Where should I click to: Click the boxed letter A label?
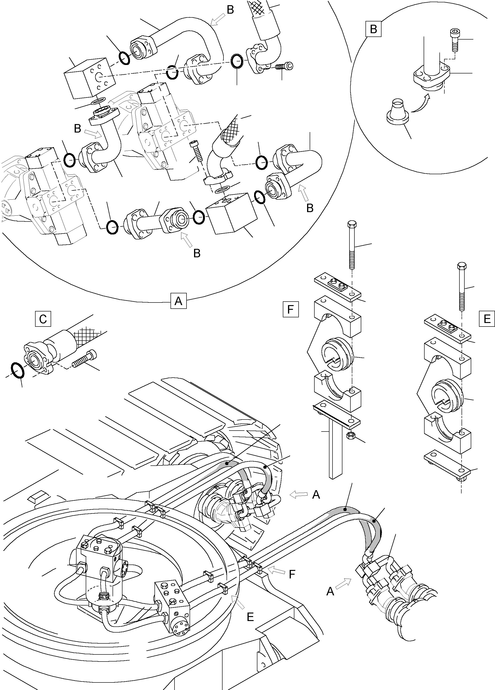coord(178,301)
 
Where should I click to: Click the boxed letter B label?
coord(373,29)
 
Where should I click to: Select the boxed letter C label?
coord(43,319)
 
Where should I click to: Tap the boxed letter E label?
coord(487,319)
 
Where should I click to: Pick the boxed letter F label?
coord(291,309)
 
